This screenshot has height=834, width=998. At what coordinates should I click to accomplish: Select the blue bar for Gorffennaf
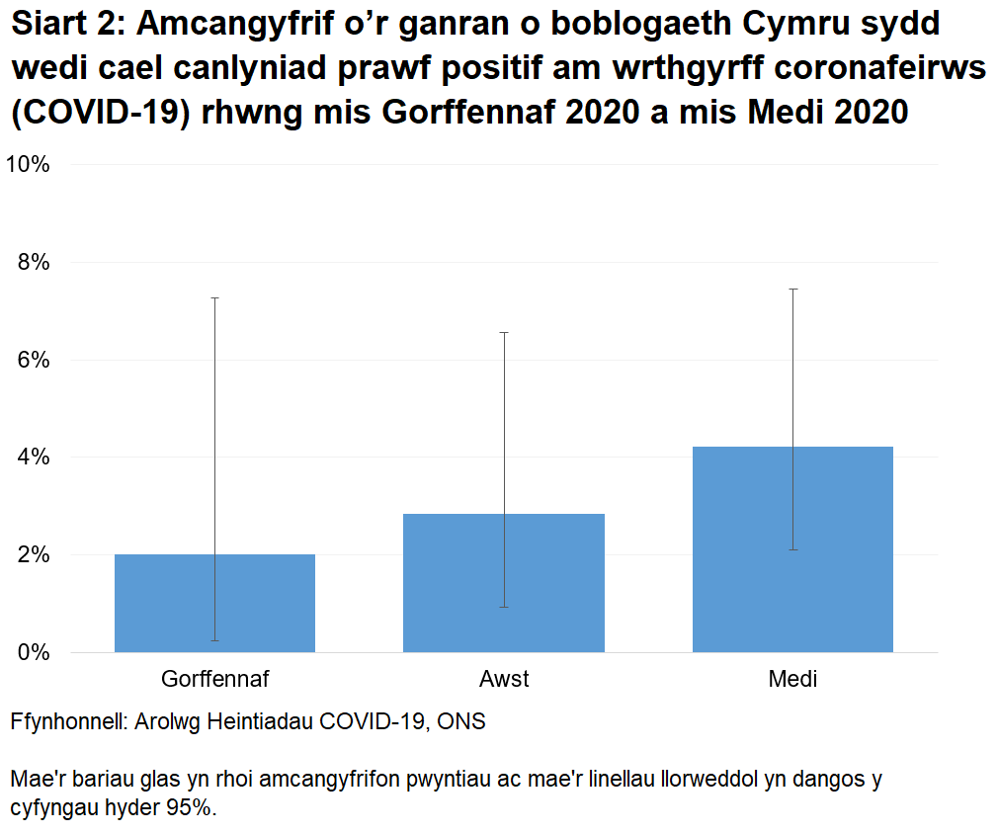point(214,603)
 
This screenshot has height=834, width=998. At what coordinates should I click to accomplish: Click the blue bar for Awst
point(504,583)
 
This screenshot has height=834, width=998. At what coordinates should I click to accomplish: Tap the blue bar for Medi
point(792,549)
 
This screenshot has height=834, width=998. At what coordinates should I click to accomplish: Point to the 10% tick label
point(28,165)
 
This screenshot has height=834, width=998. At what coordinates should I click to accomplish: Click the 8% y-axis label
point(33,263)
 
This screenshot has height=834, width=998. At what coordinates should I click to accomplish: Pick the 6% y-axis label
point(33,360)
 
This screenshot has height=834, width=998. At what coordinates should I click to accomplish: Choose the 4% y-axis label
point(33,458)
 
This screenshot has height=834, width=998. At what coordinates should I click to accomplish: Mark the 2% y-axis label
point(33,555)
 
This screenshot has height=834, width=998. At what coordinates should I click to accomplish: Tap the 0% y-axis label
point(33,652)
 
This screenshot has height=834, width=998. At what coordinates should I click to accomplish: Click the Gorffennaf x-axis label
point(214,680)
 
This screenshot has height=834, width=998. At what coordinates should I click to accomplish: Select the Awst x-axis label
point(504,680)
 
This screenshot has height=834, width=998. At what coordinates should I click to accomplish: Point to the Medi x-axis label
point(792,680)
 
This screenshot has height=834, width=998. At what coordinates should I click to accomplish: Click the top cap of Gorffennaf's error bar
point(214,297)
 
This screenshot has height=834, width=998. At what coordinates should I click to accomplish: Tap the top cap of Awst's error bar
point(504,333)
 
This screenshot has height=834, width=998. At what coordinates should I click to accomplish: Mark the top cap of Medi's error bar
point(792,290)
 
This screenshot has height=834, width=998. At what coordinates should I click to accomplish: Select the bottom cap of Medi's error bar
point(792,549)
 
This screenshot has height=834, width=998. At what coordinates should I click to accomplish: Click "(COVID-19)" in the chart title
point(101,111)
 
